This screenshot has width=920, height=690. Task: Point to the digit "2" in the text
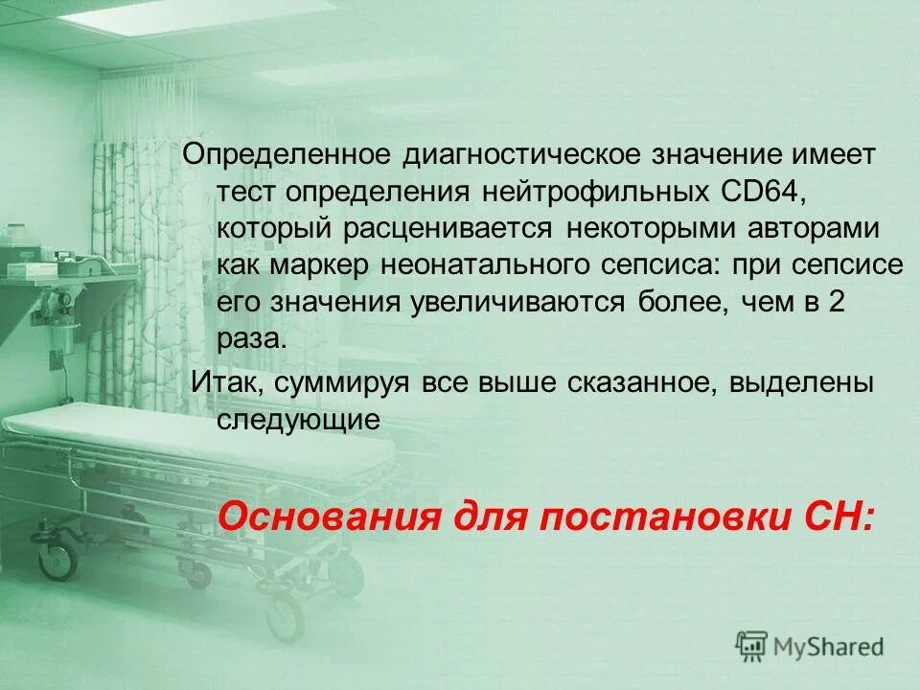[835, 303]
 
